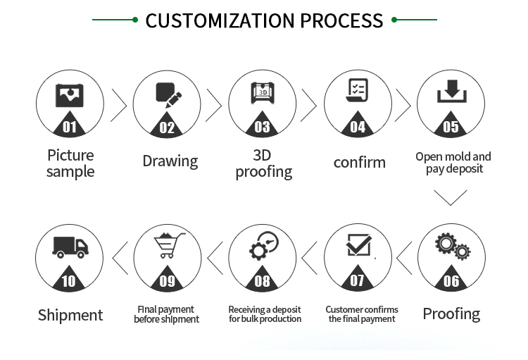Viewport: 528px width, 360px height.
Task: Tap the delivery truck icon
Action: (x=70, y=247)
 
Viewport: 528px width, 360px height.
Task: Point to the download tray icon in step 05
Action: (x=451, y=92)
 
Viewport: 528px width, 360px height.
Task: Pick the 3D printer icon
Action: (x=262, y=93)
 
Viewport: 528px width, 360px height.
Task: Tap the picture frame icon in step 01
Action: (x=70, y=94)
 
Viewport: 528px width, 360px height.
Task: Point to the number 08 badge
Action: (x=262, y=281)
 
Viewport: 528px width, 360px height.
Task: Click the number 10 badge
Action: (x=70, y=281)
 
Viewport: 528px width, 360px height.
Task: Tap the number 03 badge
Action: (x=262, y=127)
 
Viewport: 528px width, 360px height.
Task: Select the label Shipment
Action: (x=70, y=315)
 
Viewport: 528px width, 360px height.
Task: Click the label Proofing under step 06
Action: (x=451, y=314)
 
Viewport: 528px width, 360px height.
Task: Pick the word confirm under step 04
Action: (x=359, y=162)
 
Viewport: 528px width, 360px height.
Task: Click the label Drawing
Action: (x=170, y=161)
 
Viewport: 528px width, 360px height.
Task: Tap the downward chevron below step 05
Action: (x=451, y=197)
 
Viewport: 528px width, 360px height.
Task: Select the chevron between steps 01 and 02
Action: (x=118, y=106)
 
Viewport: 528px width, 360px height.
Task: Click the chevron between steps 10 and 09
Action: (x=121, y=258)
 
